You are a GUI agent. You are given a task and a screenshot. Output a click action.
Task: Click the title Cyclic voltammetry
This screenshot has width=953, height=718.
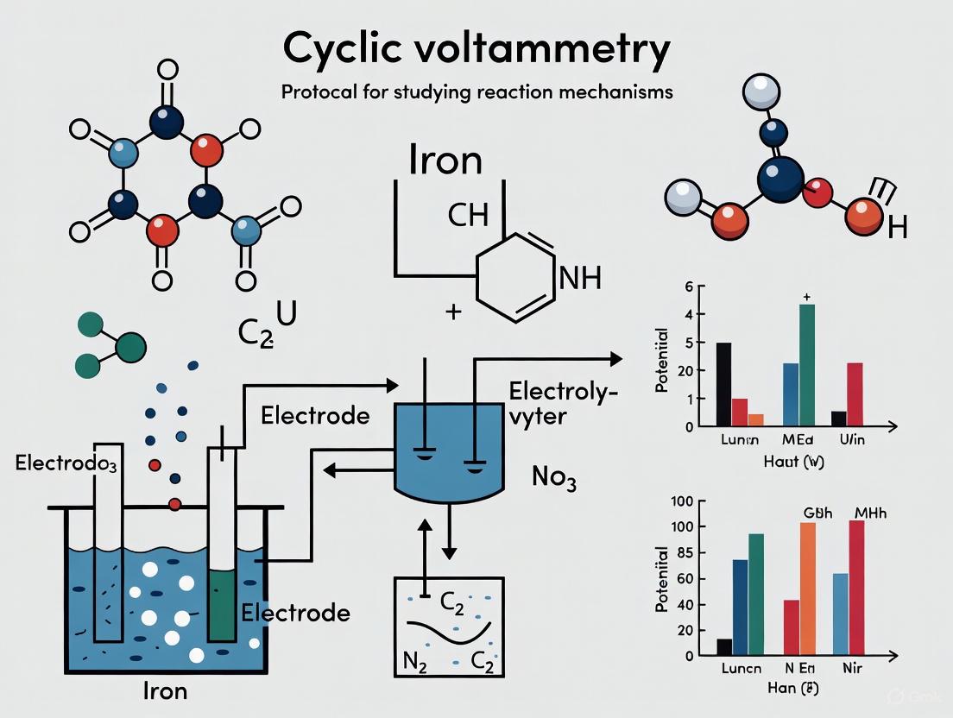pyautogui.click(x=476, y=50)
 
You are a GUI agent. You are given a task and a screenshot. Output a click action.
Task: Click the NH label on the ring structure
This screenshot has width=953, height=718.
pyautogui.click(x=580, y=278)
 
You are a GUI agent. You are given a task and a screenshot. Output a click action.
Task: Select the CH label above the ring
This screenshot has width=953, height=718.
pyautogui.click(x=468, y=214)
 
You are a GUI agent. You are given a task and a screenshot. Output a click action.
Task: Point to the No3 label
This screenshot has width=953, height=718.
pyautogui.click(x=552, y=477)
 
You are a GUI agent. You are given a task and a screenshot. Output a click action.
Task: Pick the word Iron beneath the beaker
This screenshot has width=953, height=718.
pyautogui.click(x=164, y=690)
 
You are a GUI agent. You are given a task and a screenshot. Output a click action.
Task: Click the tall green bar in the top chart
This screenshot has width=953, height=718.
pyautogui.click(x=807, y=365)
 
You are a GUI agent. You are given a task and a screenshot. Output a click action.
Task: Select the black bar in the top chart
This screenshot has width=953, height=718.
pyautogui.click(x=723, y=384)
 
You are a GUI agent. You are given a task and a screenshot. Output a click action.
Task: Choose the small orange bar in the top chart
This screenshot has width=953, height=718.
pyautogui.click(x=755, y=420)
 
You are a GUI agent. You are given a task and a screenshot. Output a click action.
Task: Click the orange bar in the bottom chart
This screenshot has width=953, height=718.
pyautogui.click(x=807, y=589)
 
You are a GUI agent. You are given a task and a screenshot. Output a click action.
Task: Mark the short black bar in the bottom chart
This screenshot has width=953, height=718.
pyautogui.click(x=723, y=646)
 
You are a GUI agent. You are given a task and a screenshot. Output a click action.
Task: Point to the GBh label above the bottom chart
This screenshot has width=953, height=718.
pyautogui.click(x=807, y=513)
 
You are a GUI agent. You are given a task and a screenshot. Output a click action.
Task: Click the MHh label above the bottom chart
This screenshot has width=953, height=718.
pyautogui.click(x=870, y=513)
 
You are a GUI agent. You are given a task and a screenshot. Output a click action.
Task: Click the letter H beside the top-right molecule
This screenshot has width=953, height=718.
pyautogui.click(x=897, y=228)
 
